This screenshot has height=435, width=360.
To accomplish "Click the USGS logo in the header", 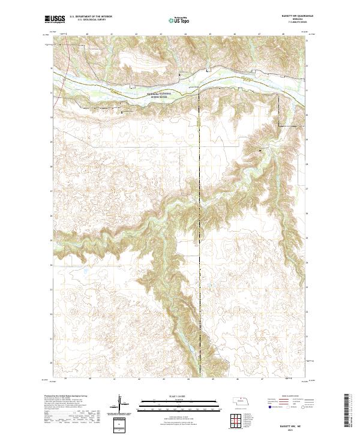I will [x=56, y=20].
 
